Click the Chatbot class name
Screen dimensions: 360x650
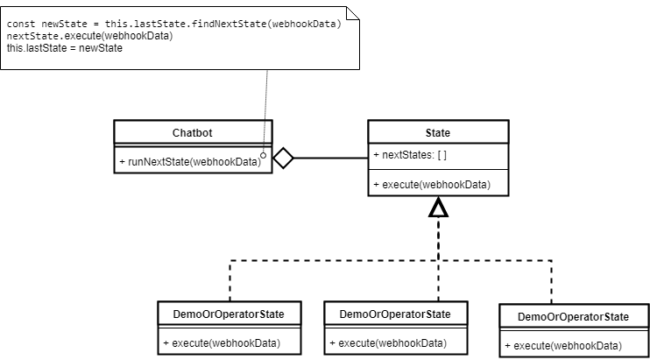point(193,133)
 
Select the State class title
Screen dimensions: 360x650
point(437,133)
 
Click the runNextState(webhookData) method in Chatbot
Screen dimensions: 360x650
point(188,162)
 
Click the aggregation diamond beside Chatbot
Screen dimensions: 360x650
point(283,159)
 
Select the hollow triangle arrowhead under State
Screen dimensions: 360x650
point(437,208)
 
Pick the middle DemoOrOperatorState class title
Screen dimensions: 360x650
point(394,314)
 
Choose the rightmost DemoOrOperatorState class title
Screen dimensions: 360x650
point(573,316)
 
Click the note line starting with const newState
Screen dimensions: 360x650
point(173,24)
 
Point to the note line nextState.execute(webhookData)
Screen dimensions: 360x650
point(89,36)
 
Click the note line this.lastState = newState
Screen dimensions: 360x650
point(65,48)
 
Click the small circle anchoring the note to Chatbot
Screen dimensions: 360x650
point(263,153)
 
